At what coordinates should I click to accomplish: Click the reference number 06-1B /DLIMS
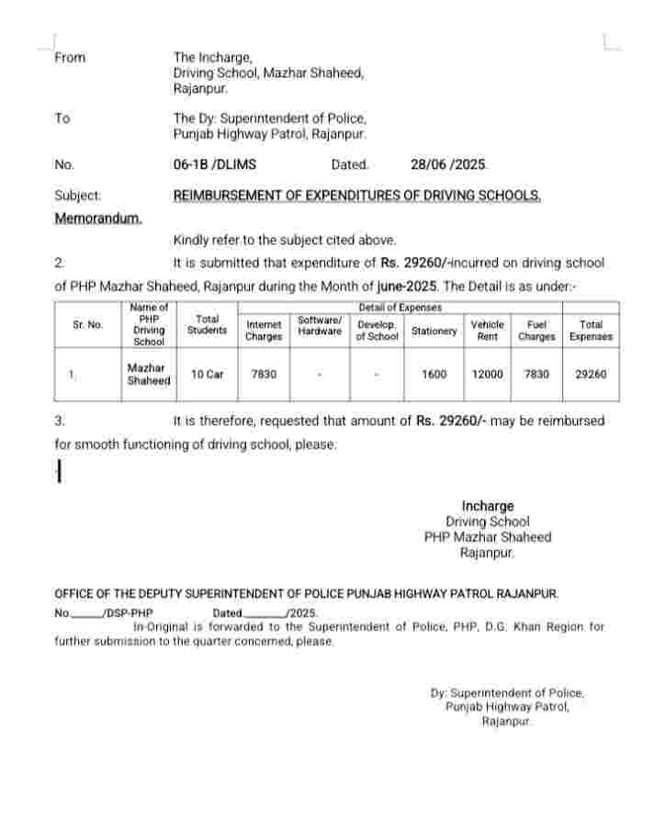[x=215, y=165]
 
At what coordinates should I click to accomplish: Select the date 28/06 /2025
[x=449, y=165]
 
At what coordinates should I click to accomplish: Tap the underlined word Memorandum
[x=98, y=219]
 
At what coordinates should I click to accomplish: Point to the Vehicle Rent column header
[x=487, y=331]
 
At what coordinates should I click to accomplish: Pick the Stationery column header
[x=434, y=331]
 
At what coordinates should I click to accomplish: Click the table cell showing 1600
[x=434, y=375]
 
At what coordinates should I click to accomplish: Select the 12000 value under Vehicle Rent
[x=487, y=375]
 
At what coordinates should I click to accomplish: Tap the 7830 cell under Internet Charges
[x=264, y=375]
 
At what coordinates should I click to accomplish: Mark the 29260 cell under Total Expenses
[x=591, y=375]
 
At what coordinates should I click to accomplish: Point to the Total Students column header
[x=208, y=325]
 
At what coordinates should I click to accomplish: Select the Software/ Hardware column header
[x=320, y=325]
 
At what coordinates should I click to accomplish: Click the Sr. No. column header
[x=88, y=325]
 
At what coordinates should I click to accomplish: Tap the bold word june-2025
[x=406, y=287]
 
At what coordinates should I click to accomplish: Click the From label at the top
[x=70, y=58]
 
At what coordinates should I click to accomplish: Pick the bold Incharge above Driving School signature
[x=488, y=506]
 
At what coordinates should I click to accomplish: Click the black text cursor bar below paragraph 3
[x=59, y=471]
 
